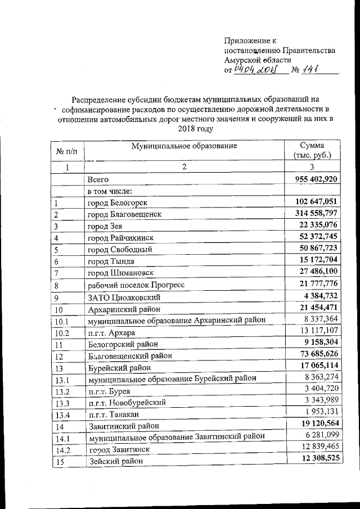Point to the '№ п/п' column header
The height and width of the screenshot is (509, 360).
coord(66,151)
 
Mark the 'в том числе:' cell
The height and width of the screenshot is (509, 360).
coord(109,191)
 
